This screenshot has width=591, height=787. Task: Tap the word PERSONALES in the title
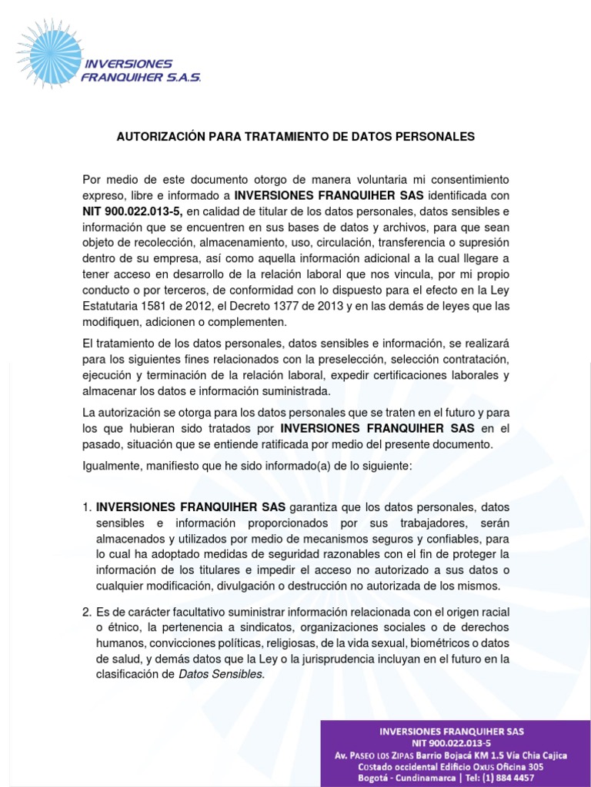click(439, 137)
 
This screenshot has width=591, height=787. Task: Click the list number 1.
click(86, 507)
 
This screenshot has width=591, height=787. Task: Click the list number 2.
click(86, 612)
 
